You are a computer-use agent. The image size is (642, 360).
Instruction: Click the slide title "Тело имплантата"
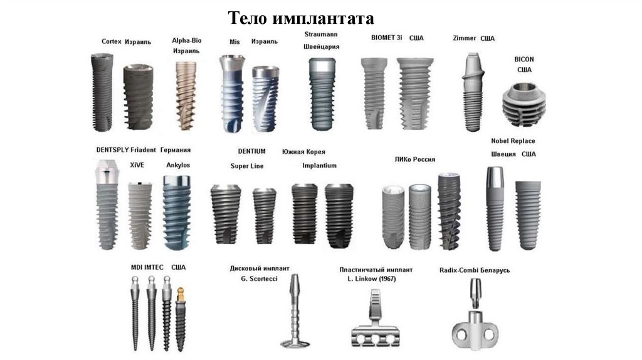pos(300,18)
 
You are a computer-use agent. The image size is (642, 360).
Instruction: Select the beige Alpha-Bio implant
pos(186,96)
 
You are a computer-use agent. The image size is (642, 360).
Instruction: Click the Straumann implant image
pos(322,94)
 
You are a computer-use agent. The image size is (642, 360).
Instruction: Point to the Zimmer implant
pos(473,92)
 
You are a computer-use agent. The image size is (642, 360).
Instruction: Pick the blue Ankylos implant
pos(176,213)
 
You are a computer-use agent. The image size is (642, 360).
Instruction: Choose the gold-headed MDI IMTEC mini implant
pos(181,319)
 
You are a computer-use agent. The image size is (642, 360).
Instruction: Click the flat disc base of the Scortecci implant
pos(295,343)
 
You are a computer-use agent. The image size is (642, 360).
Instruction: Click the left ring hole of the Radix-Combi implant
pos(461,336)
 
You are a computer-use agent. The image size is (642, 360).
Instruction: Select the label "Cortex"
pos(112,41)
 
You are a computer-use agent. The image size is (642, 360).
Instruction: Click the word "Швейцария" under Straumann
pos(322,46)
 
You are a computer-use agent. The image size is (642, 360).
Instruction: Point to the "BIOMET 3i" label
pos(386,38)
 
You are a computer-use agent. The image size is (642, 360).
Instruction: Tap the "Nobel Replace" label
pos(513,141)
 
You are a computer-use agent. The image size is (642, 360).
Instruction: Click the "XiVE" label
pos(137,165)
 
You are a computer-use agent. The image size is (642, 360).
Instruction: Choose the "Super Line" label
pos(247,166)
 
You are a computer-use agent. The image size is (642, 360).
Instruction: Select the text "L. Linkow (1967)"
pos(371,279)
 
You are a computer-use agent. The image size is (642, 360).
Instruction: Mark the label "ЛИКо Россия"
pos(415,159)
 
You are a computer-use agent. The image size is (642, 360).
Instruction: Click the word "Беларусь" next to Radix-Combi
pos(495,270)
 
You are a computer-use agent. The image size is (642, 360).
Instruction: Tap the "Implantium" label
pos(319,166)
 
